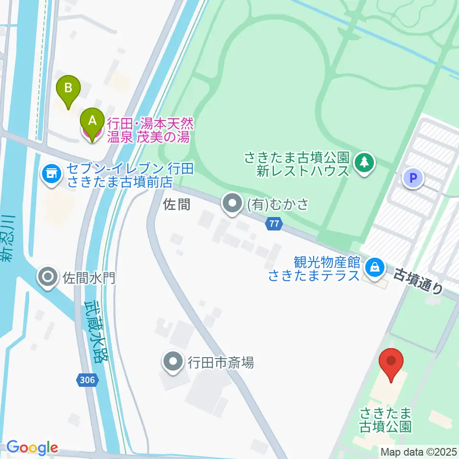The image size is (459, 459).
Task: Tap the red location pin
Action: click(x=392, y=364)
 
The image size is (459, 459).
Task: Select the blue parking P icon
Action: click(x=413, y=179)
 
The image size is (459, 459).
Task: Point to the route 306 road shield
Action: click(x=88, y=380)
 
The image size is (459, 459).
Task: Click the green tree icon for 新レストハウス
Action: click(x=365, y=163)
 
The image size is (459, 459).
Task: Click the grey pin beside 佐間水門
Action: click(x=48, y=277)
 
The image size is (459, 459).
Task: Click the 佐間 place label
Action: click(x=177, y=205)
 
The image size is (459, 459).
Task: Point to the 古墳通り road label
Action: click(x=418, y=283)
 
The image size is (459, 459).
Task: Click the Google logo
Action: click(x=32, y=448)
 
